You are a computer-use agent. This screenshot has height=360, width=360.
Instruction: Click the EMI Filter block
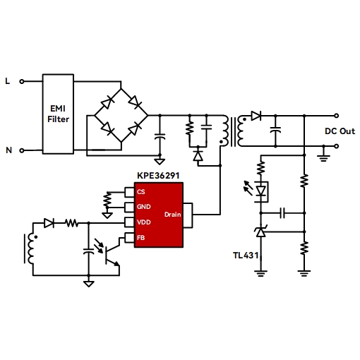(58, 114)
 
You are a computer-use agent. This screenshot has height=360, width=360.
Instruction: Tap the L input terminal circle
(22, 82)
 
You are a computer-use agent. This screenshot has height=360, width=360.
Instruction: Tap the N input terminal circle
(22, 150)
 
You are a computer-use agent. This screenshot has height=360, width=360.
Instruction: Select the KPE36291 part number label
(158, 176)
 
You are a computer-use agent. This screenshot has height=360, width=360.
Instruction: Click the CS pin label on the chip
(141, 192)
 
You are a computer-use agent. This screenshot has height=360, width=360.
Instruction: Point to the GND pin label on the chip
(143, 207)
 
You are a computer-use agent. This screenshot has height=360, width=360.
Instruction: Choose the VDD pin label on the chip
(143, 222)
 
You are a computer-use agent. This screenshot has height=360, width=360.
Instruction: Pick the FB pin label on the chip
(140, 238)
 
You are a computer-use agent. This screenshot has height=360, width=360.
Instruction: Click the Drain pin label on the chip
(172, 215)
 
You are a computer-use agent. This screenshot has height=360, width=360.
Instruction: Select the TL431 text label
(246, 256)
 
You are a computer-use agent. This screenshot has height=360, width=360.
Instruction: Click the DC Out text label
(340, 131)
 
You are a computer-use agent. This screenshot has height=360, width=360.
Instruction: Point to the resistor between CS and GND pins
(107, 200)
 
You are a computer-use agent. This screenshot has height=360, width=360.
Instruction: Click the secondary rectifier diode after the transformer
(256, 116)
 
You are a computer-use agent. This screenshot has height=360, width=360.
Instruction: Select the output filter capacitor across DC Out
(275, 130)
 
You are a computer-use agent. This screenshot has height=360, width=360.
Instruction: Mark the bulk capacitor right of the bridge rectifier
(160, 136)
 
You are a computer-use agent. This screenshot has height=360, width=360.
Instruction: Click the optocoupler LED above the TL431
(260, 191)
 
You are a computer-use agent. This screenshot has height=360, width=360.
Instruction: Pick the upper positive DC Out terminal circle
(337, 116)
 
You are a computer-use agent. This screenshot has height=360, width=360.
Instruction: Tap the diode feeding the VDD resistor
(49, 223)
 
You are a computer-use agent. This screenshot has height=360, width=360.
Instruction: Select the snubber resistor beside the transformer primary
(190, 128)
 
